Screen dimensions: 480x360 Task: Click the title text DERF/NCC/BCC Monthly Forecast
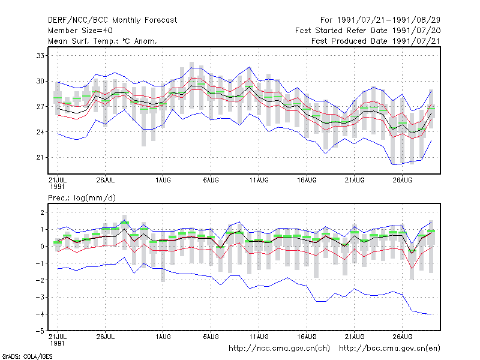pos(112,20)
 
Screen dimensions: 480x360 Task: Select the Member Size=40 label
pos(80,31)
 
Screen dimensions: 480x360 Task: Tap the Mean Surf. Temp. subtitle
pos(103,41)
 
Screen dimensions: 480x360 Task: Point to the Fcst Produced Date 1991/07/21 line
pos(376,41)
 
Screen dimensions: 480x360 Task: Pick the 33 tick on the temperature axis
pos(40,56)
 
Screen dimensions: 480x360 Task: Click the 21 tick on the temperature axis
pos(40,157)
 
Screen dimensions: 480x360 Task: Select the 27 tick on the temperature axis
pos(40,107)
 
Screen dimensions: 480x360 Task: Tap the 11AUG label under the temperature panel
pos(259,180)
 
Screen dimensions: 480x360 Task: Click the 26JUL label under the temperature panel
pos(106,180)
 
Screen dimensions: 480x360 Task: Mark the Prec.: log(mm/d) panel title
pos(82,198)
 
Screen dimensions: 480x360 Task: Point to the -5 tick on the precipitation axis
pos(40,331)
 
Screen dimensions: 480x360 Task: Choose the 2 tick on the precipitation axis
pos(42,212)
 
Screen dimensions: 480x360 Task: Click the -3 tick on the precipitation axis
pos(40,297)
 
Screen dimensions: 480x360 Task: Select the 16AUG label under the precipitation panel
pos(307,337)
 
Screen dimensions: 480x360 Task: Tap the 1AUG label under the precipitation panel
pos(163,337)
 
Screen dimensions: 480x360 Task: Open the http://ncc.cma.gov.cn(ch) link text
pos(279,349)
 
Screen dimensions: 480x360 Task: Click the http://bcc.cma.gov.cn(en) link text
pos(389,349)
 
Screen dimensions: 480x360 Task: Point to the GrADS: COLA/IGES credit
pos(27,356)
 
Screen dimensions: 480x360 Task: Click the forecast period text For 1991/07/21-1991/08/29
pos(380,20)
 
